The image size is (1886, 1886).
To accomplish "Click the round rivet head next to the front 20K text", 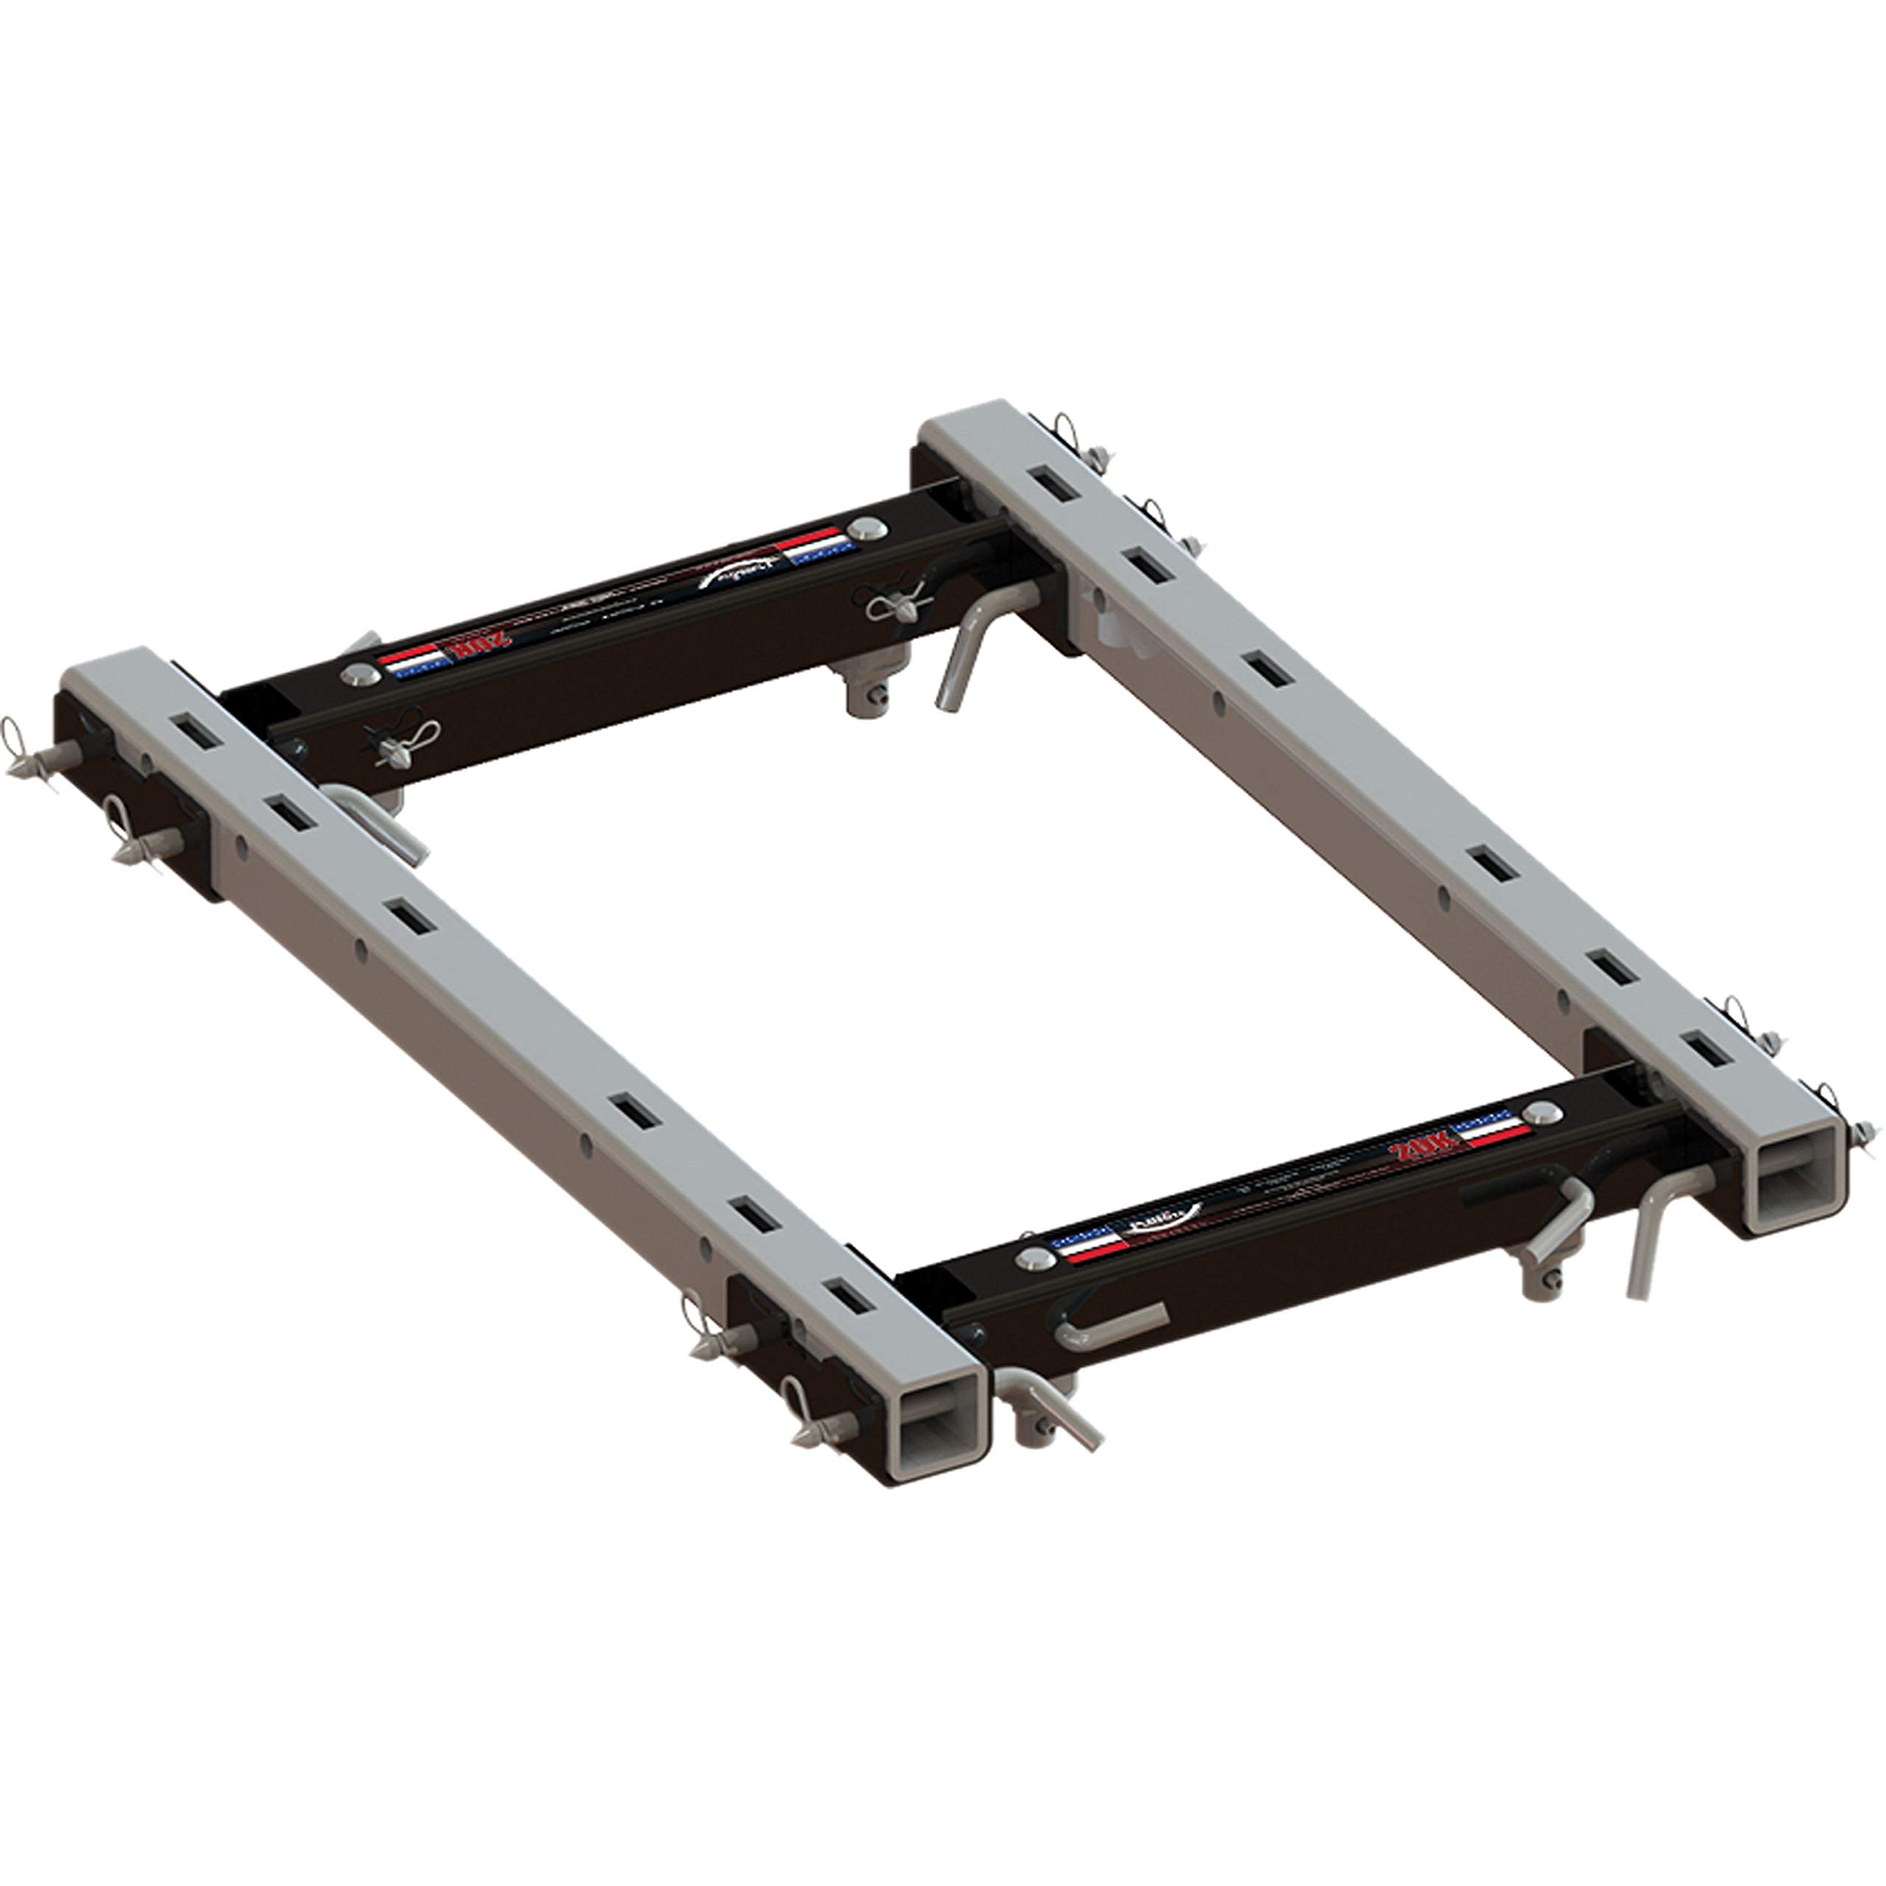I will click(1541, 1113).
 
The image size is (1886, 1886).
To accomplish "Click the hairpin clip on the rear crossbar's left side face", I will click(402, 736).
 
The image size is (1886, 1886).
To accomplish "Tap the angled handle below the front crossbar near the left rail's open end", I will click(1056, 1412).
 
